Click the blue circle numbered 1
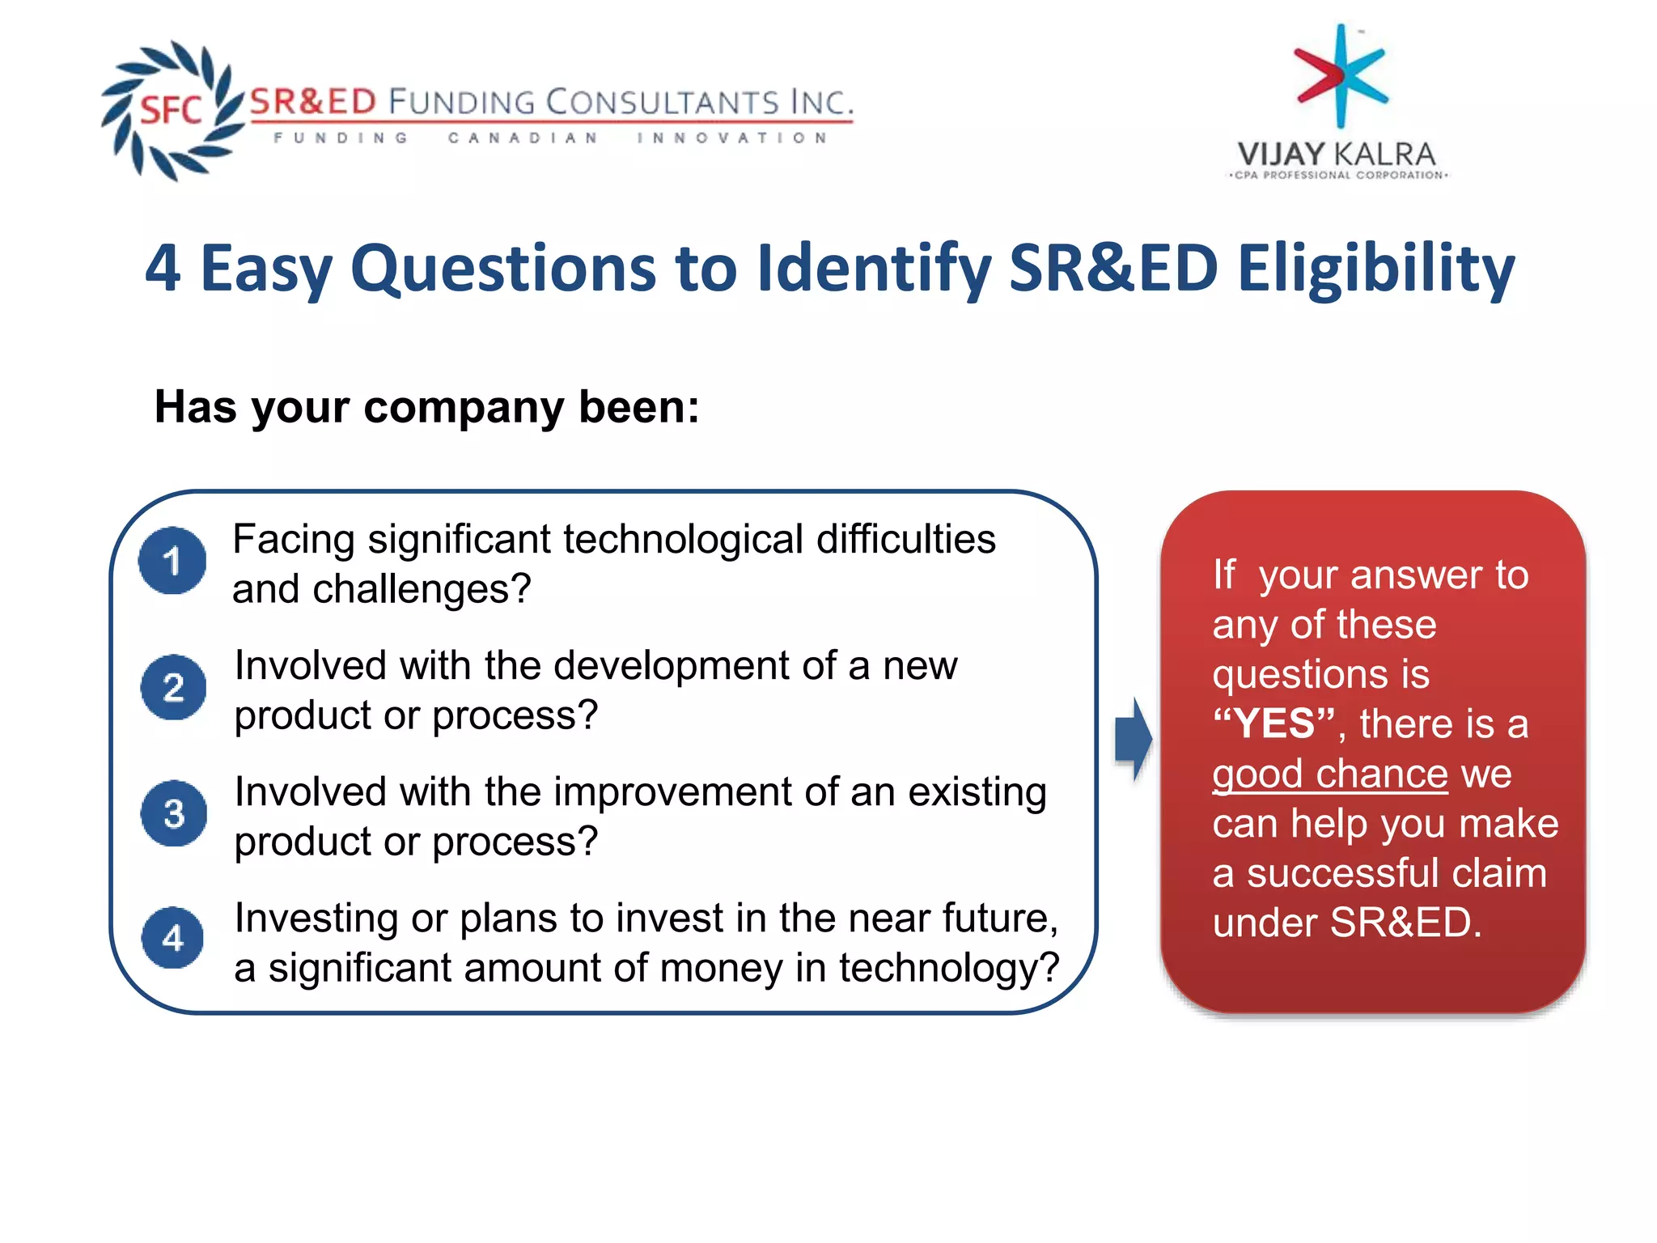172,561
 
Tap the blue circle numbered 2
173,687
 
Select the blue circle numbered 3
173,813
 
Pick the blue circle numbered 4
172,938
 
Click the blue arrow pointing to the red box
1133,739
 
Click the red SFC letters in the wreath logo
171,110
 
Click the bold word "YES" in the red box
1273,723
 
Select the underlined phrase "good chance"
1329,774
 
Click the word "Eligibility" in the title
1375,269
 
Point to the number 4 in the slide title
163,269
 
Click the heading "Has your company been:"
426,407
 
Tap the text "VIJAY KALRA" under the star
1336,154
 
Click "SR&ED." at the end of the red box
1405,923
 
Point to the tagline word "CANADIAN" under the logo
523,138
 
